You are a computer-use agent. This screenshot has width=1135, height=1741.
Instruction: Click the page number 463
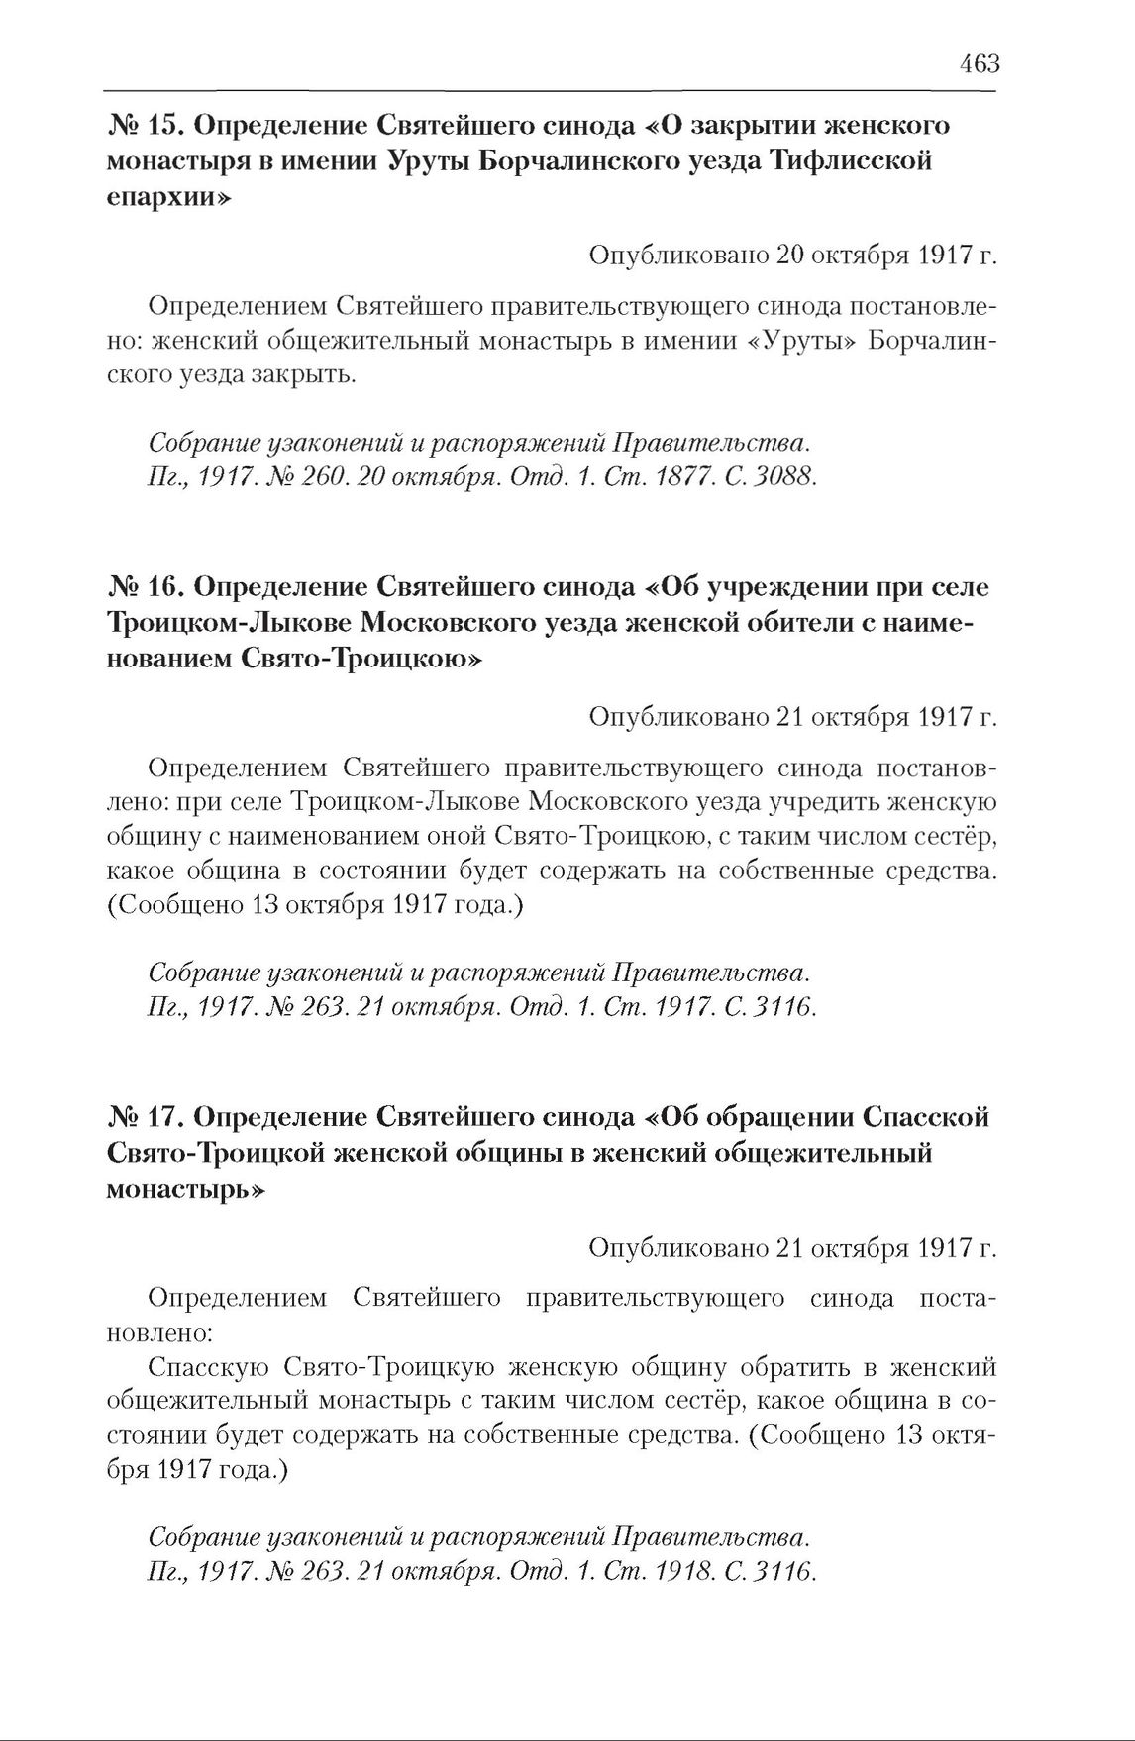(979, 65)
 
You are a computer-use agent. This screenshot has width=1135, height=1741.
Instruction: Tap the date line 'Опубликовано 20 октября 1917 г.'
(791, 256)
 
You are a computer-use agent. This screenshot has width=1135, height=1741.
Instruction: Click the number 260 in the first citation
(334, 477)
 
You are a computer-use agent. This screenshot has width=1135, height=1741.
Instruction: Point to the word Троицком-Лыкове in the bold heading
(218, 624)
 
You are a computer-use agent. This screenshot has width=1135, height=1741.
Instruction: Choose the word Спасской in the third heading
(928, 1117)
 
